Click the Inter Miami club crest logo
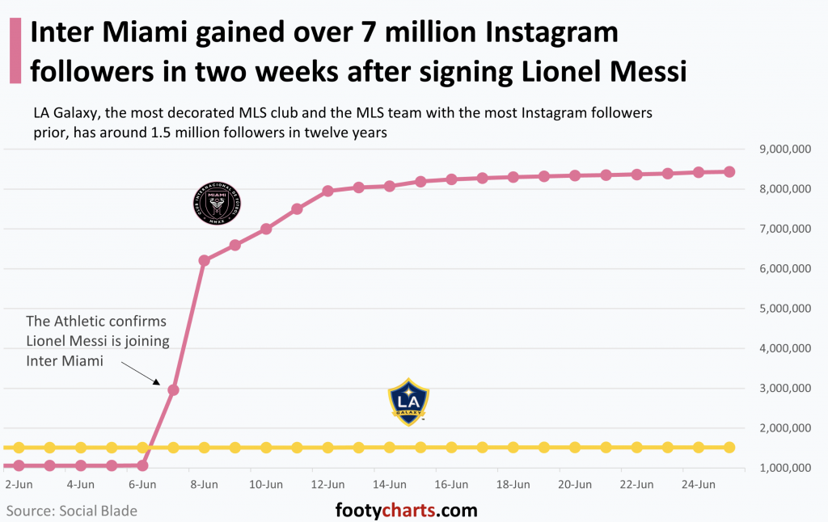(x=217, y=203)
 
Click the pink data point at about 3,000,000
(x=173, y=389)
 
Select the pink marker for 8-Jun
(x=204, y=260)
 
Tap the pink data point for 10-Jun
(x=266, y=229)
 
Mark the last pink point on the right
(x=729, y=171)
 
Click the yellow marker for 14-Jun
(x=390, y=447)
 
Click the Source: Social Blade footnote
(x=72, y=511)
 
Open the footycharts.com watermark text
(x=406, y=511)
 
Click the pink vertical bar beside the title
(x=14, y=50)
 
